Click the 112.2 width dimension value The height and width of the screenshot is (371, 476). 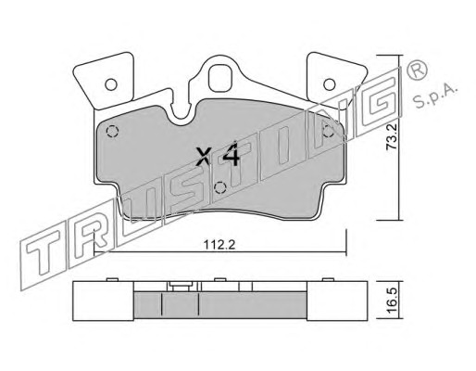(x=219, y=245)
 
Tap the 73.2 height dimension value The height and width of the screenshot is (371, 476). (x=392, y=137)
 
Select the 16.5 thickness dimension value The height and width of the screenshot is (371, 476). (x=392, y=301)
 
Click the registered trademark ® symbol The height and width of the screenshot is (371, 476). (x=417, y=70)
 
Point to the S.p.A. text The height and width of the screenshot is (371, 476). (x=434, y=96)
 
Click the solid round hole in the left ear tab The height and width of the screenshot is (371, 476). (x=111, y=84)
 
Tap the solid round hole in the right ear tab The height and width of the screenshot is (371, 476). (x=329, y=84)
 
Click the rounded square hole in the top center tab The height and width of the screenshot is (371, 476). (x=220, y=78)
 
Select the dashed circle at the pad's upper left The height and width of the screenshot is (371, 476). (x=112, y=132)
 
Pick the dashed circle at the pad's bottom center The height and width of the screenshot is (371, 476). (x=220, y=187)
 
